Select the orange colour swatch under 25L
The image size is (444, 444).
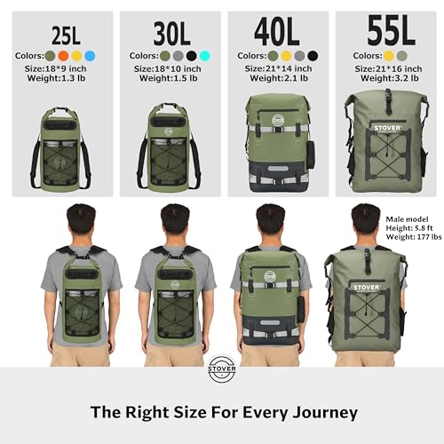click(x=64, y=56)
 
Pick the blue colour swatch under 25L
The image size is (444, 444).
click(x=89, y=56)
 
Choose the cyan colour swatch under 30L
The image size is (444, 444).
click(x=205, y=56)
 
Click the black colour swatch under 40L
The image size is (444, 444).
click(x=312, y=56)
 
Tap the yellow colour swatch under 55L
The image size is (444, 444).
click(x=389, y=56)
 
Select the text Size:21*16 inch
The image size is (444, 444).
click(x=388, y=68)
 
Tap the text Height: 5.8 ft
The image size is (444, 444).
click(x=408, y=227)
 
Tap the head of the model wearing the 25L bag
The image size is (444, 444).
click(x=67, y=220)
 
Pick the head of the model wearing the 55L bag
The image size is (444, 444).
click(x=364, y=220)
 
